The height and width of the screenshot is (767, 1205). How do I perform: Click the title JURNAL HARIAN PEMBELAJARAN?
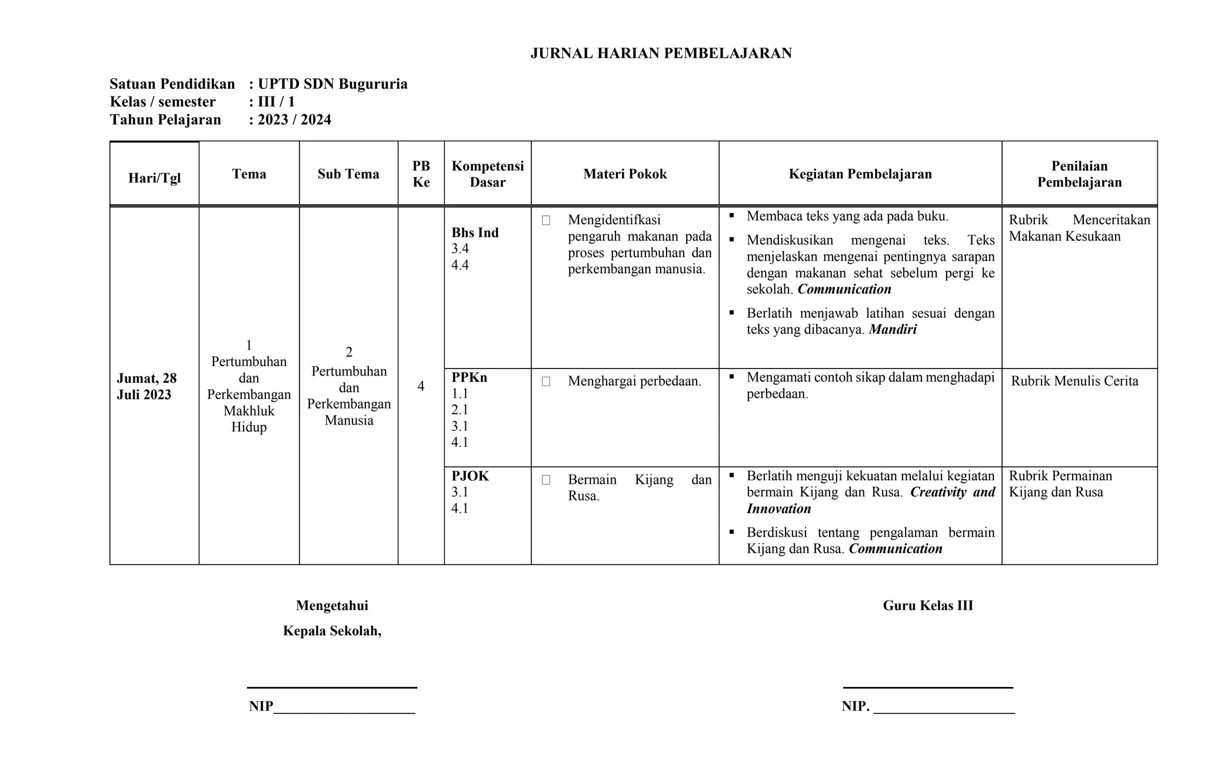661,54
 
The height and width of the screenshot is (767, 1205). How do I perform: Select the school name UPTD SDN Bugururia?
332,84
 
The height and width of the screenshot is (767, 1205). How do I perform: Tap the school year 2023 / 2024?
294,120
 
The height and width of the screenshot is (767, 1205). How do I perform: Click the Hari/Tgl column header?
154,178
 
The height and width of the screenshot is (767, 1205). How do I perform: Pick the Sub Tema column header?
348,174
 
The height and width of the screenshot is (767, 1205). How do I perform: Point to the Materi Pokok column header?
625,174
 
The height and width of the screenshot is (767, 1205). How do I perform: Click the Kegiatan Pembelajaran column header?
860,174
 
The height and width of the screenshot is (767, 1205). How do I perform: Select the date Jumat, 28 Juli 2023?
147,386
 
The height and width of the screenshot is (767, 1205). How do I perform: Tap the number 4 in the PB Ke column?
421,386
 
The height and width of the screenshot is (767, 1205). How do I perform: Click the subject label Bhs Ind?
475,233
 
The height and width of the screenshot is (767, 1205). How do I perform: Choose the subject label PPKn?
469,377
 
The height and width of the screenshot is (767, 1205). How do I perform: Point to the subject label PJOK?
470,476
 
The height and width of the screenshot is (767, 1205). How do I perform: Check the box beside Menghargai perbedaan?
546,381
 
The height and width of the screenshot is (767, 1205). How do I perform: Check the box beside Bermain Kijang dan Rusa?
546,480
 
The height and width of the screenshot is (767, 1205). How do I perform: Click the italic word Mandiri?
893,330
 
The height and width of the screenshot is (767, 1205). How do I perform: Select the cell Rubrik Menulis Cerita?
1074,381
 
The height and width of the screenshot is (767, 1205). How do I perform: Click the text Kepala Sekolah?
332,631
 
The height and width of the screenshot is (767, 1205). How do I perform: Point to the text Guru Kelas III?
927,606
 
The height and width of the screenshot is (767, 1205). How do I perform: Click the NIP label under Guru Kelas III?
855,706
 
